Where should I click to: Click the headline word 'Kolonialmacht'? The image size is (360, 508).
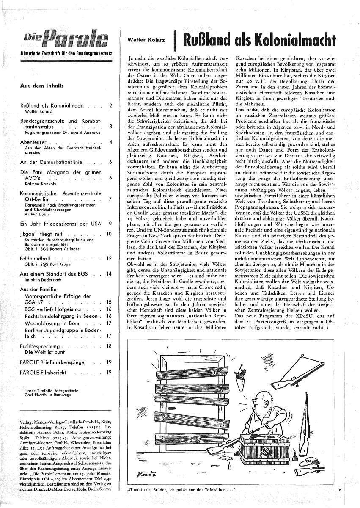pyautogui.click(x=291, y=40)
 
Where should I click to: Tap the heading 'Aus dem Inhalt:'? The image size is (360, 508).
pyautogui.click(x=42, y=85)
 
